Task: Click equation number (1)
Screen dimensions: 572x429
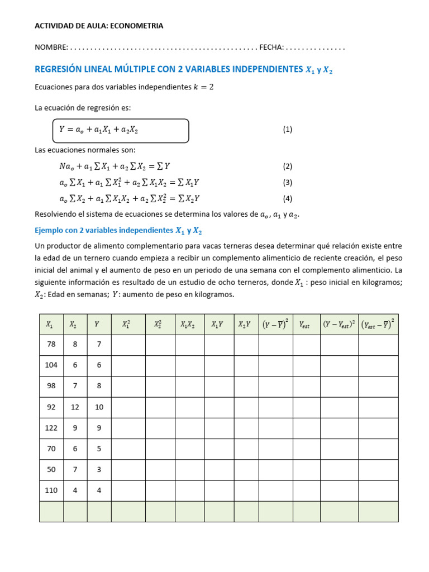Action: (x=287, y=130)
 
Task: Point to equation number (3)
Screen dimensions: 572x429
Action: (x=287, y=182)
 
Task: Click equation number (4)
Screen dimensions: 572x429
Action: (x=287, y=198)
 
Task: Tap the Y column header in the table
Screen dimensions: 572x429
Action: (x=97, y=324)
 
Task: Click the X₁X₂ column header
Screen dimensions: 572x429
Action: (x=189, y=324)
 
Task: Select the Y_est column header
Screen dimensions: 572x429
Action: (x=305, y=324)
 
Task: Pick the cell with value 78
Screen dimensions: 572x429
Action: (x=51, y=345)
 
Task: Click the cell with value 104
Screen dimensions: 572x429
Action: (x=51, y=365)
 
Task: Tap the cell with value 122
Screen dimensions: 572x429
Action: (x=51, y=428)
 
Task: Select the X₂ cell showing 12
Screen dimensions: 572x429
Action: (x=75, y=407)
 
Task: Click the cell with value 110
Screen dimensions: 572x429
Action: (x=51, y=490)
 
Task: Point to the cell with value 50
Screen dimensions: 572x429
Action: (x=51, y=470)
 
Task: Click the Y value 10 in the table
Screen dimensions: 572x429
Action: (x=99, y=407)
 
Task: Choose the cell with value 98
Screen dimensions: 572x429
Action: (x=51, y=386)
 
